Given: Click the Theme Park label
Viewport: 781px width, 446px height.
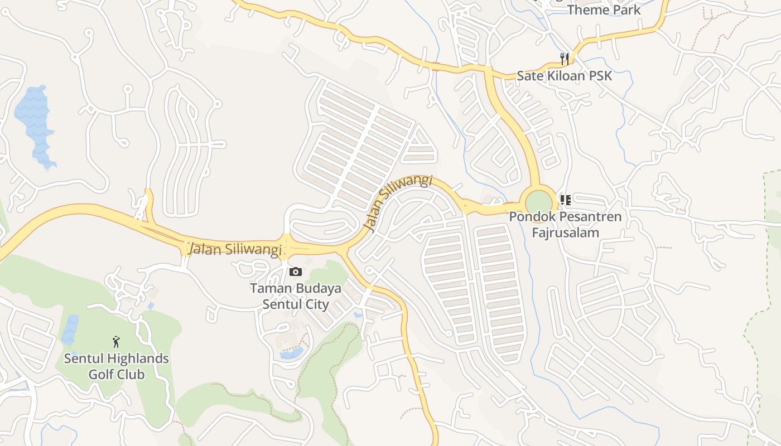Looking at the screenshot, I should (x=604, y=9).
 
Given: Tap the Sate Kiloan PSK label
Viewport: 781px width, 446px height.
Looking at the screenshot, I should (x=564, y=76).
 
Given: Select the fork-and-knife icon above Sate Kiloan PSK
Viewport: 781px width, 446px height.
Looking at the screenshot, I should (x=565, y=59).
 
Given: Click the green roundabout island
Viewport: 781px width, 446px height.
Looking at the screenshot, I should (x=538, y=202).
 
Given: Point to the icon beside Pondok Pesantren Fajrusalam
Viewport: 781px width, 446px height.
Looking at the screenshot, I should (x=565, y=200).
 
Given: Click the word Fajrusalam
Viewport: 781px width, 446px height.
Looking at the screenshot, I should (x=565, y=232).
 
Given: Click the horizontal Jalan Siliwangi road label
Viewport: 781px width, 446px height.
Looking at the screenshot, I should (x=234, y=249).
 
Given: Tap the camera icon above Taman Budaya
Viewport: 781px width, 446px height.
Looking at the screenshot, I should (x=296, y=272).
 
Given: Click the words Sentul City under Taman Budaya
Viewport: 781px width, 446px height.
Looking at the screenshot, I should (x=295, y=304).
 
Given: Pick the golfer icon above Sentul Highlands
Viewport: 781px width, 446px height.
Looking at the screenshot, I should (x=116, y=342).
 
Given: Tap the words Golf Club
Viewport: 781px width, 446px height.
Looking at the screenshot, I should (x=117, y=374).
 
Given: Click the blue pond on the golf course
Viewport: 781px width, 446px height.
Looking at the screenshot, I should (x=70, y=329).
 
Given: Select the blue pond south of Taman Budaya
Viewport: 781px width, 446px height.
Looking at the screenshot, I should (x=291, y=353).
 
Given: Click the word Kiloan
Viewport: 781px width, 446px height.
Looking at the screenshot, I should (x=564, y=76).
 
